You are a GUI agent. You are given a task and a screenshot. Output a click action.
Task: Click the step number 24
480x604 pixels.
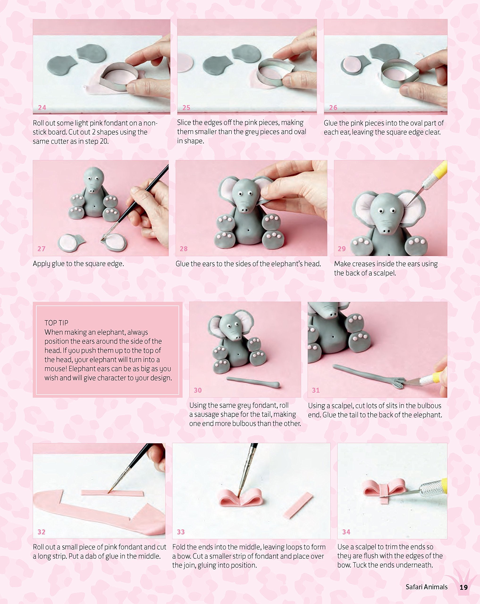42,108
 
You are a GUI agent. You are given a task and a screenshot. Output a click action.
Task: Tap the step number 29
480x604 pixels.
341,249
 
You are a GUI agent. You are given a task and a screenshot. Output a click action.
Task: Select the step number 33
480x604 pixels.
181,532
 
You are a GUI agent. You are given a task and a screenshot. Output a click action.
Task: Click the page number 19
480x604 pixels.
464,587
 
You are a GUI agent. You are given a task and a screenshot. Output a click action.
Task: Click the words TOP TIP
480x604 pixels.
56,323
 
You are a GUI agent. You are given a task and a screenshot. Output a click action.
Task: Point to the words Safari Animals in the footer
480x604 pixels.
426,587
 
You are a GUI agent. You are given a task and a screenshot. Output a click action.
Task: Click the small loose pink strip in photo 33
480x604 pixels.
298,506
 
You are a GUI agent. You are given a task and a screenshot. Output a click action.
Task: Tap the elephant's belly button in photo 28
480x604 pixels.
248,230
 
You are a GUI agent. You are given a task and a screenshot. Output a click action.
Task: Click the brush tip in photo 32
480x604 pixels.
109,491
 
